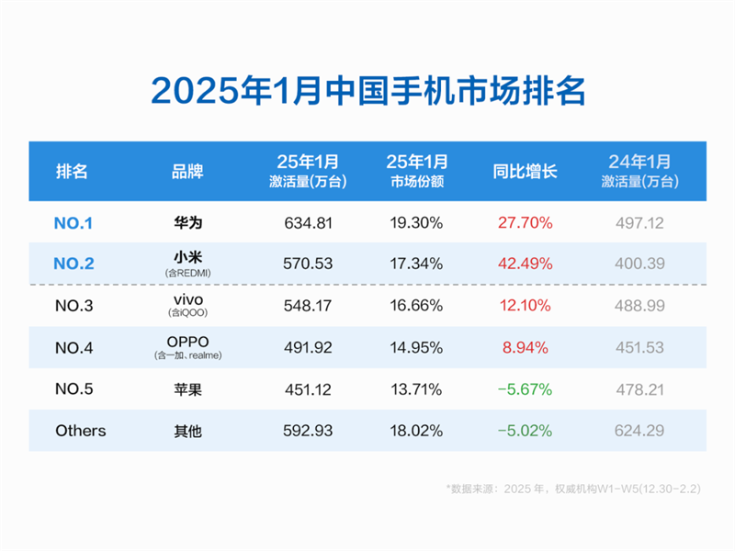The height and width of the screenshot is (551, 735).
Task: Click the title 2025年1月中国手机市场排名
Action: pyautogui.click(x=367, y=92)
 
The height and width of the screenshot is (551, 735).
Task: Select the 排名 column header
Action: pyautogui.click(x=73, y=172)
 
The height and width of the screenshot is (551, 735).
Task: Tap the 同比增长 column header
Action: pyautogui.click(x=525, y=172)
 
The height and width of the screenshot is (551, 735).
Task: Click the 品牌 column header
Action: pyautogui.click(x=187, y=172)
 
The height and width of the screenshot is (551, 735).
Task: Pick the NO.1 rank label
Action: pyautogui.click(x=73, y=222)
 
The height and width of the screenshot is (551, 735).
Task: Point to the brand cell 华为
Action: pyautogui.click(x=187, y=222)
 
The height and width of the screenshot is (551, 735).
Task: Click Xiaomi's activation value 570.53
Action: pyautogui.click(x=308, y=264)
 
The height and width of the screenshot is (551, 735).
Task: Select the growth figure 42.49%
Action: pyautogui.click(x=524, y=264)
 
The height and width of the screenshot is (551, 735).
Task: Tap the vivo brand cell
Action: pyautogui.click(x=187, y=300)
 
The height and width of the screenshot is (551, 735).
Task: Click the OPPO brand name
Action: pyautogui.click(x=187, y=342)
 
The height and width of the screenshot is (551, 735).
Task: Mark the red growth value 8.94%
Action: pyautogui.click(x=524, y=347)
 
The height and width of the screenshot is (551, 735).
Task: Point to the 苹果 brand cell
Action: pyautogui.click(x=187, y=389)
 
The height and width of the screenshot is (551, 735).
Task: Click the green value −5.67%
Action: pyautogui.click(x=524, y=389)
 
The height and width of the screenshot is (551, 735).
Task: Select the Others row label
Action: pyautogui.click(x=81, y=431)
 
